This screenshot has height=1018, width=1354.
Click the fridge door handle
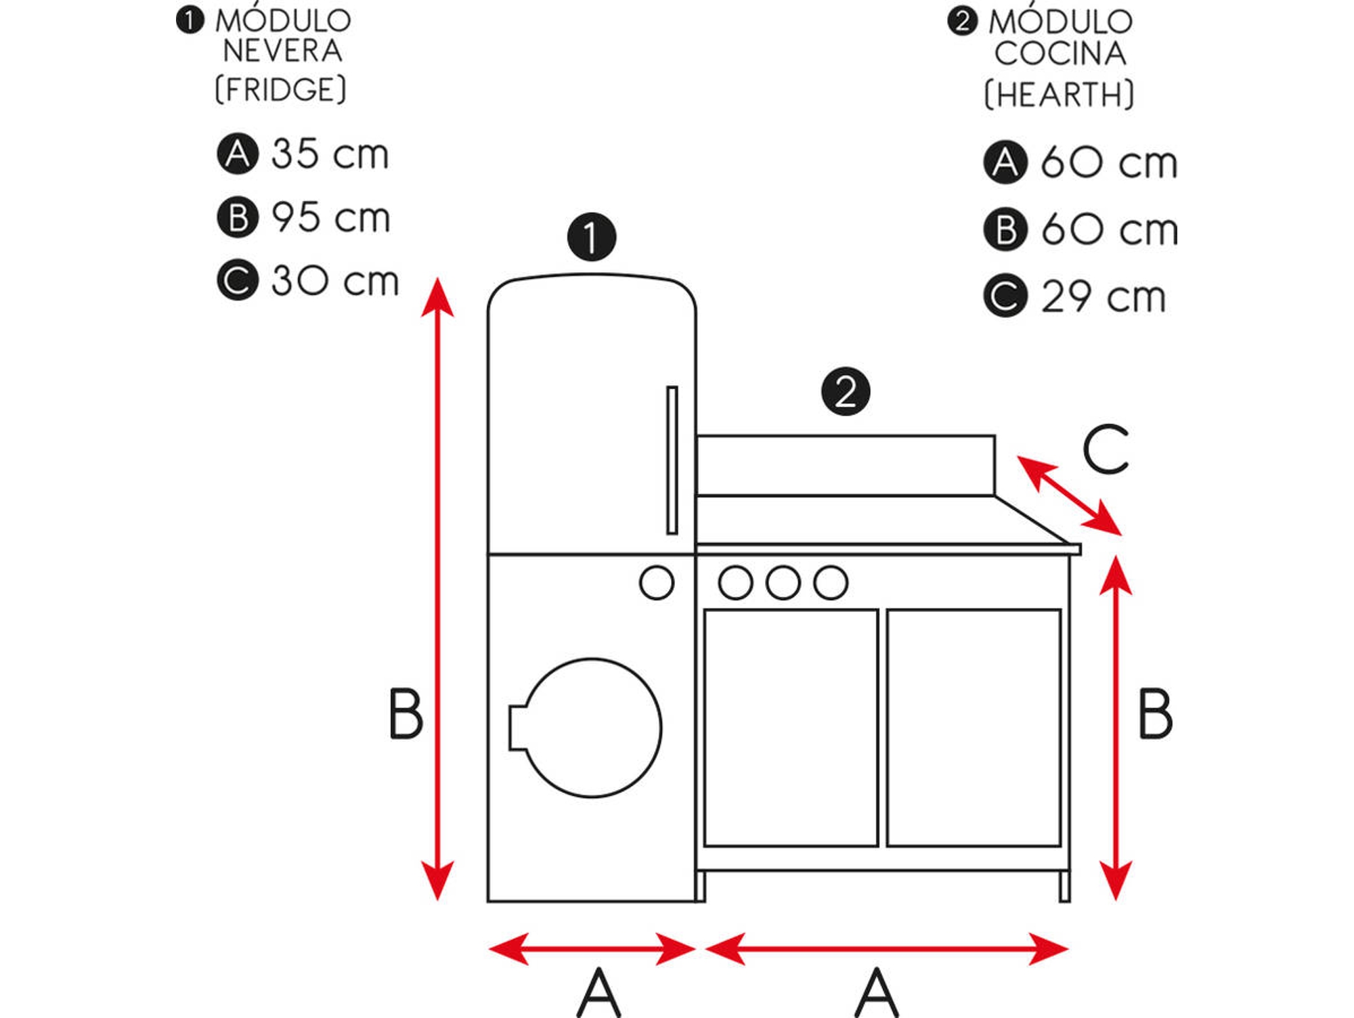[x=672, y=460]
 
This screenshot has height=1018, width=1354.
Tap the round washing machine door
[x=592, y=728]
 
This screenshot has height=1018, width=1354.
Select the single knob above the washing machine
[x=656, y=583]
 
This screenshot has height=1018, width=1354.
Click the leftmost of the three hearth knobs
[x=735, y=583]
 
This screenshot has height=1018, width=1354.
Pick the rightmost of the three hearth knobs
[x=831, y=583]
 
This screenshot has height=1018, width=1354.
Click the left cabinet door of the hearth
[x=791, y=728]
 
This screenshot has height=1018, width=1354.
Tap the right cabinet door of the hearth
[x=974, y=728]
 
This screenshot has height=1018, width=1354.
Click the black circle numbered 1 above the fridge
[x=592, y=238]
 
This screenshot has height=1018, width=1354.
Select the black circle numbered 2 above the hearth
[x=846, y=392]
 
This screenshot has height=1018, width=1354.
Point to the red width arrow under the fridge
[x=592, y=948]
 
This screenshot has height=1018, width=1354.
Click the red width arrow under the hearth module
[x=886, y=948]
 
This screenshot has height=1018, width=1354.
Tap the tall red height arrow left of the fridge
[x=437, y=589]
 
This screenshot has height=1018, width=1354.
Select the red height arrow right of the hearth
[x=1116, y=728]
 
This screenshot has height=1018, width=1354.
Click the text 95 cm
[x=330, y=218]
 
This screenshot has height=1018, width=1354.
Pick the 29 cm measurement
[x=1103, y=297]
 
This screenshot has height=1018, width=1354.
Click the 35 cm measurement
[x=330, y=154]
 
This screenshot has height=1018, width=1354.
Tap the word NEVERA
[x=283, y=51]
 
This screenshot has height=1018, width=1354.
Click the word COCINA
[x=1060, y=54]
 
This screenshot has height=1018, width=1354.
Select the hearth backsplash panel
[x=846, y=466]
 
